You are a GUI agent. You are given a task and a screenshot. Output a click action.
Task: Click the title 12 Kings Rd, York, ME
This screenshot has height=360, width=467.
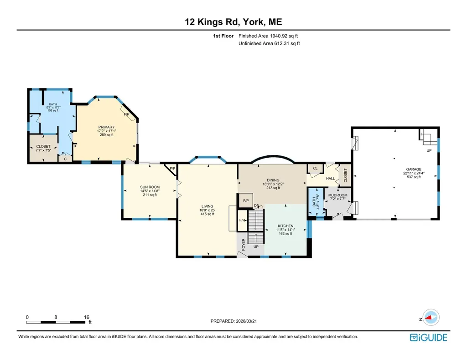233,22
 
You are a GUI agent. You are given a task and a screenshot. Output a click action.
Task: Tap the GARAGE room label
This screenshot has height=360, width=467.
414,169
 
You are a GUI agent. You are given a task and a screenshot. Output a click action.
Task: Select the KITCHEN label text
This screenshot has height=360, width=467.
285,226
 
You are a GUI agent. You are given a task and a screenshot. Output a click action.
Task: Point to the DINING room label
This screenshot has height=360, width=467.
273,180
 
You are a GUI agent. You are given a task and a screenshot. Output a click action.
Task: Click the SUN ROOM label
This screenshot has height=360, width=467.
150,187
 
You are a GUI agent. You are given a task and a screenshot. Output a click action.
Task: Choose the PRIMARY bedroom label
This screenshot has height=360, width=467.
106,127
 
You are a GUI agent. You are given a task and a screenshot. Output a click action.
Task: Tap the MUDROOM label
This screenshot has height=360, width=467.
338,195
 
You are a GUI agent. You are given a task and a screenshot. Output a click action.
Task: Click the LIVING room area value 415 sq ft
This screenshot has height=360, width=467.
208,214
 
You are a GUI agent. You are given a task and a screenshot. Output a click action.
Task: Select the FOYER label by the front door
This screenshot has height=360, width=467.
244,245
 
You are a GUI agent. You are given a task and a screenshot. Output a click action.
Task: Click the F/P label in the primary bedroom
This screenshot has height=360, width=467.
127,114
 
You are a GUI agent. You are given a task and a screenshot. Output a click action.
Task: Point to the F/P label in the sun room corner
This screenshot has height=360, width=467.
172,169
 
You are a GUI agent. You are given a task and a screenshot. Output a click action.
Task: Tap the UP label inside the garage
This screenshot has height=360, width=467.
429,150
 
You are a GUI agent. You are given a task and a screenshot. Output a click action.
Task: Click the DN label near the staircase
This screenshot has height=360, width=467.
256,206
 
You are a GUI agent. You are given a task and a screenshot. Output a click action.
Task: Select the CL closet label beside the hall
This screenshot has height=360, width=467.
315,169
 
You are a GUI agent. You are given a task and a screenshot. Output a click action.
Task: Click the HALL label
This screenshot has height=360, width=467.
330,179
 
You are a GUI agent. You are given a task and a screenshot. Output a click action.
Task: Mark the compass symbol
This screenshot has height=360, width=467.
431,318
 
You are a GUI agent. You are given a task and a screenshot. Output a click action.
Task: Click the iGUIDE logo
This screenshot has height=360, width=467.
429,337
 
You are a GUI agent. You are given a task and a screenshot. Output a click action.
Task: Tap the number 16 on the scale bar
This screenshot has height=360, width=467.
86,317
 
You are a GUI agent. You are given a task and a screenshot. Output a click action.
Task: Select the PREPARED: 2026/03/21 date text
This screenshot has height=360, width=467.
233,321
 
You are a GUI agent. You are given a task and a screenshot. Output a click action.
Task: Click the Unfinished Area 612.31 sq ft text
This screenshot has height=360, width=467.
269,43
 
